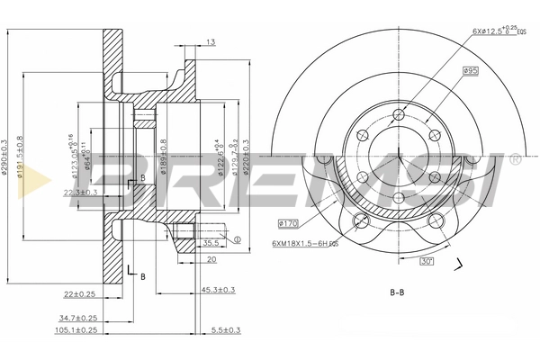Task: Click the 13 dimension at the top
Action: [x=210, y=42]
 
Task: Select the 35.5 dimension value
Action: [x=212, y=242]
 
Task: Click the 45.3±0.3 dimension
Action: [x=218, y=289]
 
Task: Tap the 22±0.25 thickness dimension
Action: [x=79, y=294]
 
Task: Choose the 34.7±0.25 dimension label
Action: [x=78, y=318]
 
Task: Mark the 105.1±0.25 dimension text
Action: [x=77, y=330]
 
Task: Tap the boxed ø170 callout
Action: [x=290, y=222]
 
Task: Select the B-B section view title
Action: [x=398, y=292]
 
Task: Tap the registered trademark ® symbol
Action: [x=514, y=160]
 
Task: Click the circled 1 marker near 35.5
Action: [x=237, y=240]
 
